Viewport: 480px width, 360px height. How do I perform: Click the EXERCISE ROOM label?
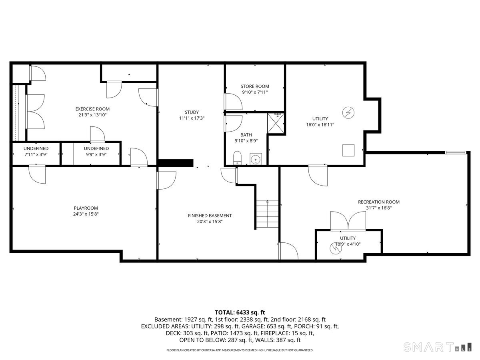click(92, 109)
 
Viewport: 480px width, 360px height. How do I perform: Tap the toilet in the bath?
click(237, 158)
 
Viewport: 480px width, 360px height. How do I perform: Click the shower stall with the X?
click(276, 123)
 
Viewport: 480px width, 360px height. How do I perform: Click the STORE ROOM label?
click(255, 86)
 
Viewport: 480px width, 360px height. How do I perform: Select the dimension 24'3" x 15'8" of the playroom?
click(86, 214)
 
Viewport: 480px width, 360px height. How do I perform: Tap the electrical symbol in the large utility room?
click(347, 113)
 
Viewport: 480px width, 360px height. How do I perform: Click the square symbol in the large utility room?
click(348, 150)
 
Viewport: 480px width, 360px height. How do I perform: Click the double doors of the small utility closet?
click(348, 221)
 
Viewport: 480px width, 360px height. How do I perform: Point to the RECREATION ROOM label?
click(378, 202)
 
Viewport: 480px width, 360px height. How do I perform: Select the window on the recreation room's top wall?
click(456, 152)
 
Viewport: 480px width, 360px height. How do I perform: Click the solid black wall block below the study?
click(176, 163)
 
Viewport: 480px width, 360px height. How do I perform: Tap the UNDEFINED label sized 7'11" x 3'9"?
click(36, 148)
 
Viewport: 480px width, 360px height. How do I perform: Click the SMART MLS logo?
click(436, 347)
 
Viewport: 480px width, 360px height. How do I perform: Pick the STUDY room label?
click(192, 112)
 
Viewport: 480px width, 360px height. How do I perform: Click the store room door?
click(233, 102)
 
